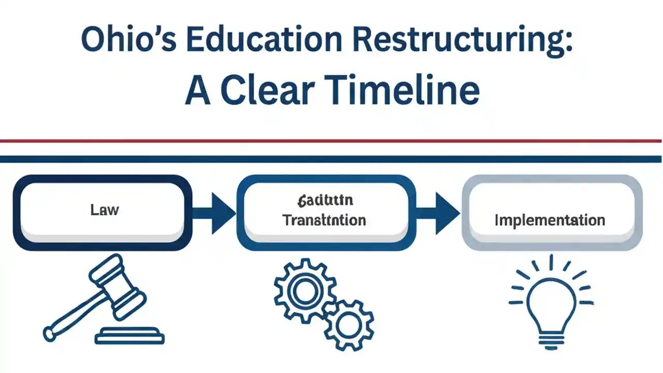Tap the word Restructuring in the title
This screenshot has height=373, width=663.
(x=464, y=40)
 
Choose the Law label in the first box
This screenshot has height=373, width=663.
(x=104, y=210)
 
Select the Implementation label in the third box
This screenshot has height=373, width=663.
(x=550, y=220)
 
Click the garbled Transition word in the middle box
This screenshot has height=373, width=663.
(x=324, y=220)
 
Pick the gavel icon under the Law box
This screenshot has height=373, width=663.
(x=104, y=300)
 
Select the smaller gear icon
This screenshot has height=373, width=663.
(x=345, y=324)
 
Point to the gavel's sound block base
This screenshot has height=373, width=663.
(x=129, y=337)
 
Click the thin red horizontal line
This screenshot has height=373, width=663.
(x=331, y=140)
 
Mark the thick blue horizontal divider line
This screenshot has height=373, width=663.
(x=331, y=159)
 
